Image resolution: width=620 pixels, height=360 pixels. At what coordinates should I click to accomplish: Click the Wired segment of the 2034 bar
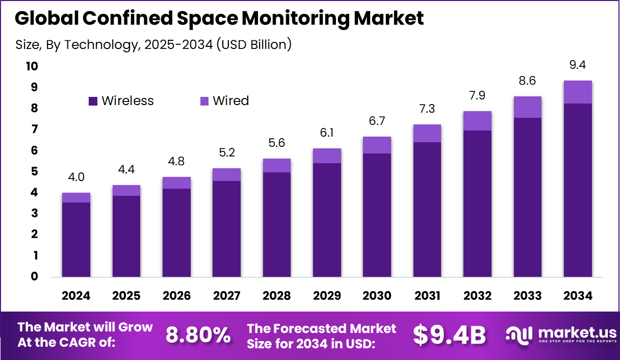click(x=577, y=92)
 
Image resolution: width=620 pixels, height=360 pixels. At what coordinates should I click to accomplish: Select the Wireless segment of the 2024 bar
click(x=76, y=240)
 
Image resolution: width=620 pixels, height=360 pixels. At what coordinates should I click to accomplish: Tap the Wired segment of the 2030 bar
click(x=377, y=145)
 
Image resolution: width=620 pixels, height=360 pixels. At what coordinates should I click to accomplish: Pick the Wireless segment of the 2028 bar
click(x=276, y=224)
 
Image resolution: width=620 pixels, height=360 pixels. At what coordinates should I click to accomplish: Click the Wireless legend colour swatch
click(x=93, y=101)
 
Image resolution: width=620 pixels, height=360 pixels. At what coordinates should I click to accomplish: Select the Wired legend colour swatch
click(x=204, y=101)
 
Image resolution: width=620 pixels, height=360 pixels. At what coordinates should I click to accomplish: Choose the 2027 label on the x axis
click(x=226, y=296)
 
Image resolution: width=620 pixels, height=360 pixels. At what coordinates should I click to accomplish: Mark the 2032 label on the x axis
click(x=477, y=296)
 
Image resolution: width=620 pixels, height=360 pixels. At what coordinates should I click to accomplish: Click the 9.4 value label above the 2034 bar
click(x=577, y=65)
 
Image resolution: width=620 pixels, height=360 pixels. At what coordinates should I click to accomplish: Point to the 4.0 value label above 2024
click(x=76, y=177)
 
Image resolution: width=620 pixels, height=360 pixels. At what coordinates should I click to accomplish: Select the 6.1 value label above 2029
click(x=327, y=133)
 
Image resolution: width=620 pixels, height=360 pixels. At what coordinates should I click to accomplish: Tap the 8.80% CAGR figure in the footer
click(x=198, y=335)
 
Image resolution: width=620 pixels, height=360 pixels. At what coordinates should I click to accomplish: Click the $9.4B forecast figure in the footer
click(x=449, y=335)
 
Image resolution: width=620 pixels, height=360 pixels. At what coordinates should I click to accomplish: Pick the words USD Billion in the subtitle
click(x=253, y=45)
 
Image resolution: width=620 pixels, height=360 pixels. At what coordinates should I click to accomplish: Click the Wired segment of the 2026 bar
click(x=176, y=183)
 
